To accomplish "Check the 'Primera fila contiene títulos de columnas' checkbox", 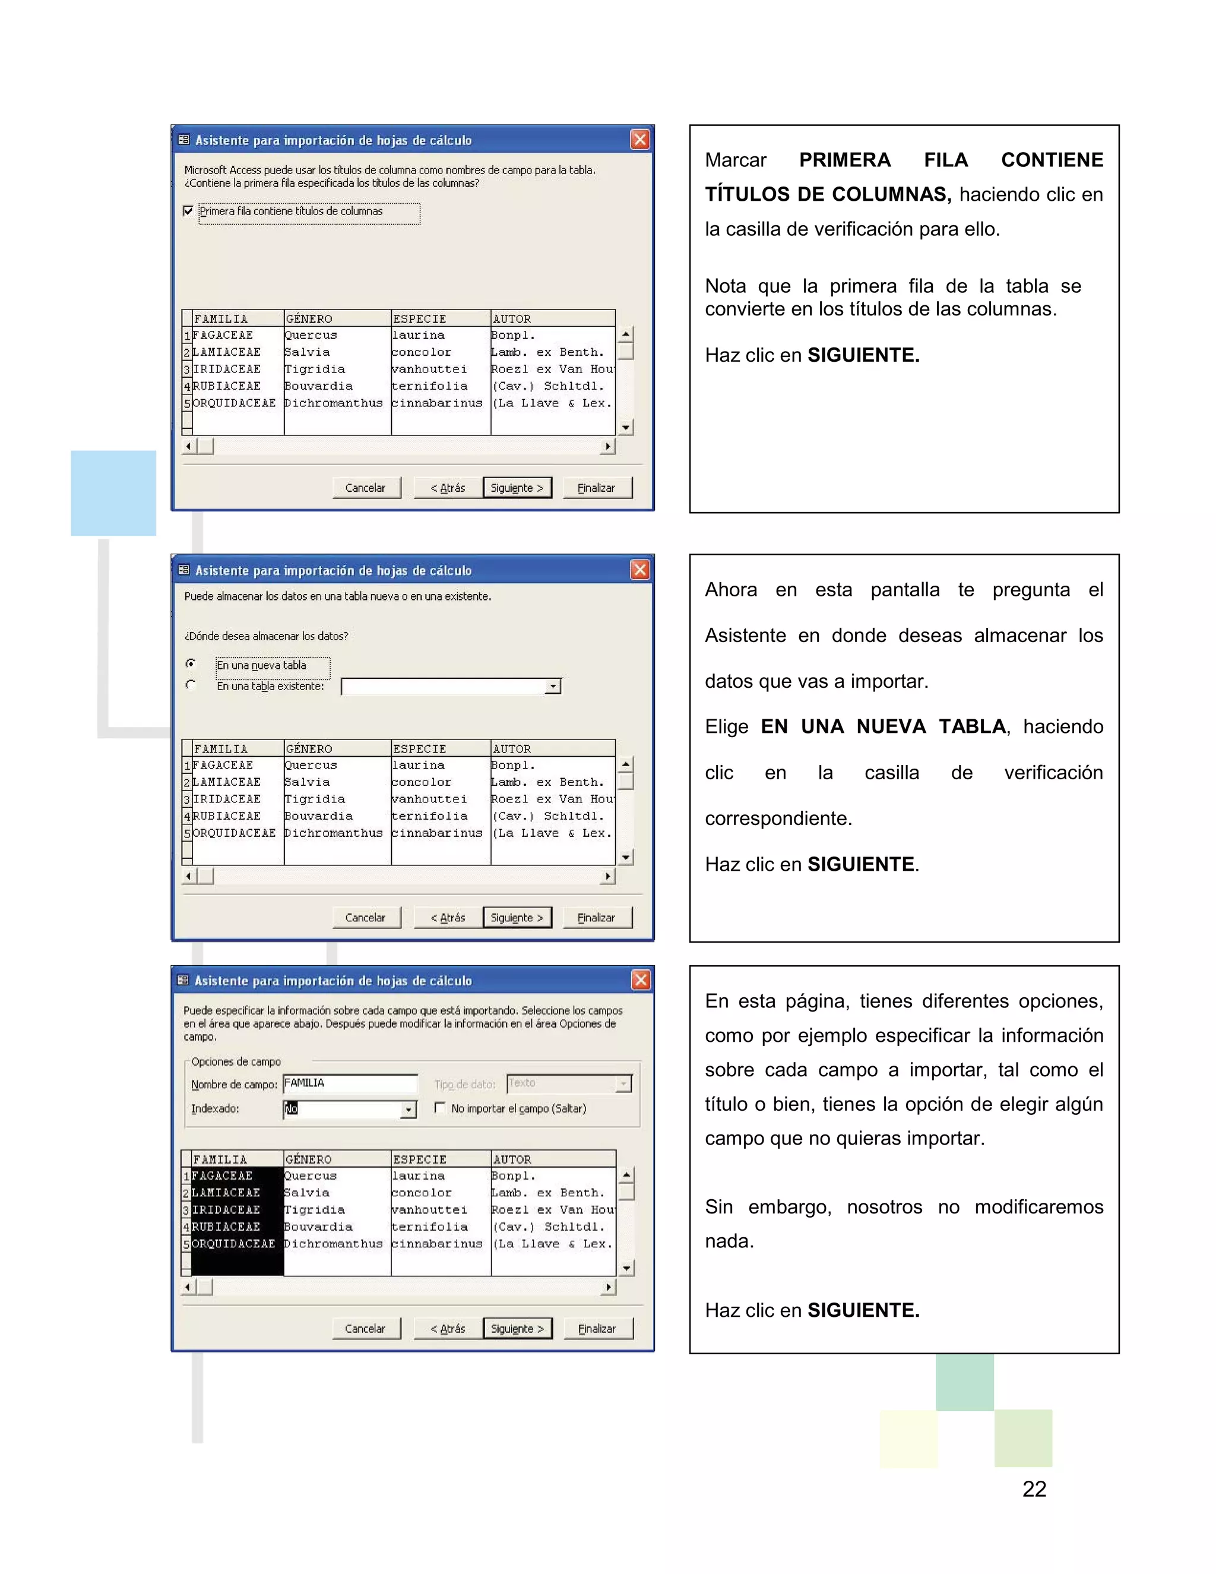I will pos(188,211).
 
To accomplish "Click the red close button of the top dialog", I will pos(639,140).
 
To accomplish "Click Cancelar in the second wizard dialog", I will pos(365,918).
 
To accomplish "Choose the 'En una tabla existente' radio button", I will pos(190,685).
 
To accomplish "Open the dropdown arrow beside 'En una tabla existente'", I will pos(553,687).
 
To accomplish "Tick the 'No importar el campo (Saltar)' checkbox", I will pos(439,1108).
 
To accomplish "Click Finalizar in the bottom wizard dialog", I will pos(597,1328).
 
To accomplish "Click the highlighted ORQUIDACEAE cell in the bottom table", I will pos(233,1244).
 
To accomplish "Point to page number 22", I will pos(1034,1489).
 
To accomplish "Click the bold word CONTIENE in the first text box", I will pos(1051,160).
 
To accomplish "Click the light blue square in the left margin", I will pos(113,493).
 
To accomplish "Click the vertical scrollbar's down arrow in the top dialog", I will pos(625,428).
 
